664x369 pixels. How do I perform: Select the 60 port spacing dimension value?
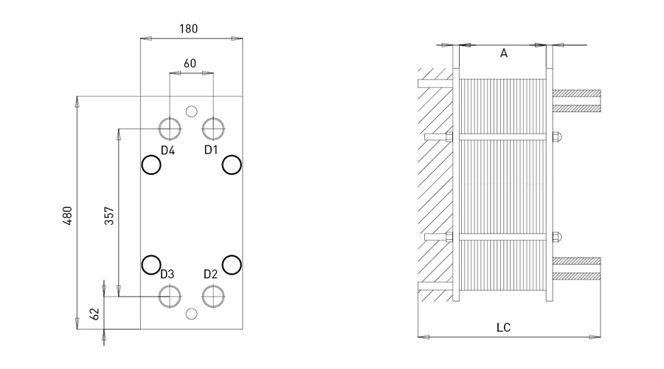190,63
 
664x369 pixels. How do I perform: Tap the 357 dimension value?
109,215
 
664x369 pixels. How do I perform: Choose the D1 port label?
212,150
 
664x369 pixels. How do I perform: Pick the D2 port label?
211,275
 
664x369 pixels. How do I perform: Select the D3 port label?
167,275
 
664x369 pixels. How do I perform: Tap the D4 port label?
167,151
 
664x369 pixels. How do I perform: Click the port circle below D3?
170,296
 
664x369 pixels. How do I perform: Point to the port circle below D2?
213,296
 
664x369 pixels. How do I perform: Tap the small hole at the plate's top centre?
192,111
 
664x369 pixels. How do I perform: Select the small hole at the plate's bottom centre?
192,314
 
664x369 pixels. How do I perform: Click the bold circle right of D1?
232,165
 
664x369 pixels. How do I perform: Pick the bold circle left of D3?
151,263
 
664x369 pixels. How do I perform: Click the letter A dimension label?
504,53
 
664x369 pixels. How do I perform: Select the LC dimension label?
504,326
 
